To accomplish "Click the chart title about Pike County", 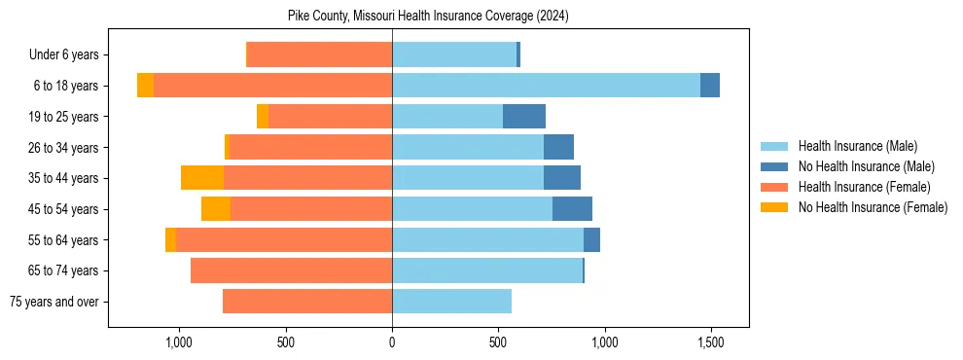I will pyautogui.click(x=428, y=17).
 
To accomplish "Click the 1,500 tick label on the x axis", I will pyautogui.click(x=710, y=343).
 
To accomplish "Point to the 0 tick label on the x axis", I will pyautogui.click(x=392, y=343).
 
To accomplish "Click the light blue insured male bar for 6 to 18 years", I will pyautogui.click(x=545, y=86).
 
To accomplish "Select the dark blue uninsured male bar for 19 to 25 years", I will pyautogui.click(x=524, y=117).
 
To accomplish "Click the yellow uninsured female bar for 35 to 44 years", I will pyautogui.click(x=202, y=178).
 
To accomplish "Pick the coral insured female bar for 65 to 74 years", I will pyautogui.click(x=292, y=270).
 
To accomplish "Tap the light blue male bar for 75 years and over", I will pyautogui.click(x=451, y=302).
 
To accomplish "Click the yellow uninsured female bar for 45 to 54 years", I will pyautogui.click(x=216, y=209).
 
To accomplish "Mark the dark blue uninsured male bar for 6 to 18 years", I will pyautogui.click(x=710, y=86).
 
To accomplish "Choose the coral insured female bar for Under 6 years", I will pyautogui.click(x=320, y=55).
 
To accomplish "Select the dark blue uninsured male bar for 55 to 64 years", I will pyautogui.click(x=591, y=239).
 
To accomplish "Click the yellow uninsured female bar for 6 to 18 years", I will pyautogui.click(x=145, y=86).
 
